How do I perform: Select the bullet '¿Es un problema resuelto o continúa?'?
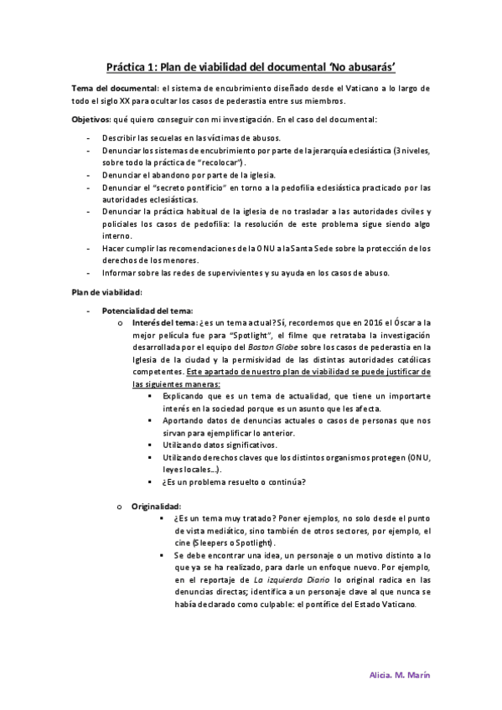tap(233, 481)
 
